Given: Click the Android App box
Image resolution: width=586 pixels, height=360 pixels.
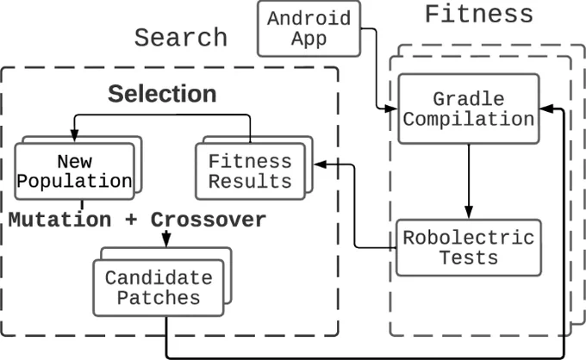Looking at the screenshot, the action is (x=309, y=28).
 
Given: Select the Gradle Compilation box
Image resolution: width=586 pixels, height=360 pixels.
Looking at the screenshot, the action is (x=469, y=109).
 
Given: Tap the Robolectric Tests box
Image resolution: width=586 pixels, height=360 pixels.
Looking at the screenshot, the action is (x=469, y=248).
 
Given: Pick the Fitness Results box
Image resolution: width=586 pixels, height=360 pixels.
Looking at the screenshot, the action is (x=251, y=171).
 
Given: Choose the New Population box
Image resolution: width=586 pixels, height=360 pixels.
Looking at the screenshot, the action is (x=74, y=171).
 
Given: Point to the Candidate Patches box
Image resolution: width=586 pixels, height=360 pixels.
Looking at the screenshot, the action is (x=159, y=288).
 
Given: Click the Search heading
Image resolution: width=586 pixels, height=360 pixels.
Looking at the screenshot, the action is (x=181, y=37).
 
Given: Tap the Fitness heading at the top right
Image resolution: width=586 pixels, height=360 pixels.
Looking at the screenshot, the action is (x=479, y=14).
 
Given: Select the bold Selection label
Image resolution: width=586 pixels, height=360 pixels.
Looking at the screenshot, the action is (x=162, y=93).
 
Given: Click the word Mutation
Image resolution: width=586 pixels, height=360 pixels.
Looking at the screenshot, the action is (x=59, y=220).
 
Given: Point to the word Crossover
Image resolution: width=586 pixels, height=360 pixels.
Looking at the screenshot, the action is (x=209, y=220).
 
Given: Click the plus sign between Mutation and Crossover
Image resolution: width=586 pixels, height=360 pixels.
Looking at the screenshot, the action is (x=131, y=220).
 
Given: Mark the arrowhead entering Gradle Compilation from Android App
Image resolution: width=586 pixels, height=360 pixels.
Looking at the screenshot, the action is (x=391, y=109).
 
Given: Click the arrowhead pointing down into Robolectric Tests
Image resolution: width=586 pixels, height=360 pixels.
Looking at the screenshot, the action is (x=469, y=212).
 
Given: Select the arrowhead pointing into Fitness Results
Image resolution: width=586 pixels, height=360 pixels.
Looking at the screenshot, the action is (x=321, y=164).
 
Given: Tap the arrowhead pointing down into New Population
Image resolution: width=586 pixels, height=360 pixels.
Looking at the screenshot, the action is (x=74, y=135).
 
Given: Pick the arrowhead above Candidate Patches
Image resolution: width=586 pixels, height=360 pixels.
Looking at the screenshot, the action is (x=166, y=239).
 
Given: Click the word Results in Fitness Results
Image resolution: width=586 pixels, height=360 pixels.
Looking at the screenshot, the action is (x=250, y=182).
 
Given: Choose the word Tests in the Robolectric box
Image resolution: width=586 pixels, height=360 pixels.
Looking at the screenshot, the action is (x=469, y=258).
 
